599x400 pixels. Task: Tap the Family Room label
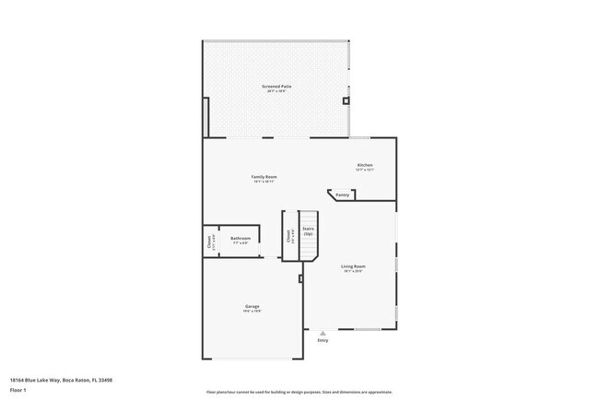[x=264, y=176]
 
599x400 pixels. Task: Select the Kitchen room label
[x=365, y=165]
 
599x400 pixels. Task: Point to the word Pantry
[x=342, y=195]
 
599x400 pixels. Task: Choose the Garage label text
[x=252, y=306]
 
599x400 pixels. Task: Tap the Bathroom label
[x=241, y=239]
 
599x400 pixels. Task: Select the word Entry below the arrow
[x=323, y=340]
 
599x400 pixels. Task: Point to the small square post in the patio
[x=346, y=100]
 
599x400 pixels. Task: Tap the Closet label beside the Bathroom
[x=209, y=242]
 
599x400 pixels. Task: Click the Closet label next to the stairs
[x=290, y=236]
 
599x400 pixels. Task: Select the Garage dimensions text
[x=252, y=312]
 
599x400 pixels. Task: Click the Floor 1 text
[x=18, y=390]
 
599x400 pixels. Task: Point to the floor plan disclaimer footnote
[x=299, y=392]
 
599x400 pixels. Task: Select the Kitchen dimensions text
[x=365, y=171]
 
